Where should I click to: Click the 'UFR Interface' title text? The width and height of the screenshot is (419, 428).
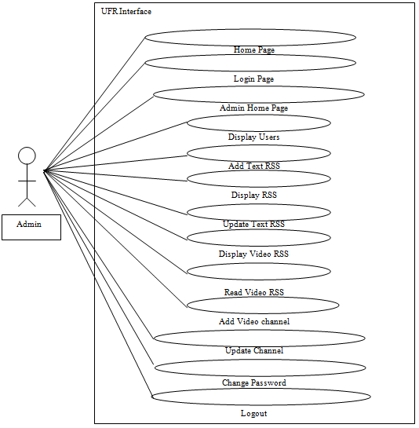click(126, 12)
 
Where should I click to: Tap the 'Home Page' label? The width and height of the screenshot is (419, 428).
click(254, 50)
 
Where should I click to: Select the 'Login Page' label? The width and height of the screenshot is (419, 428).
click(253, 79)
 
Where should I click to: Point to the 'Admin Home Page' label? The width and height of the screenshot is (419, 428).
click(253, 108)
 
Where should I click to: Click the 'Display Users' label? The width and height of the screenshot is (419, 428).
click(253, 137)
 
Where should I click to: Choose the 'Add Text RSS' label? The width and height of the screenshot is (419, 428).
click(254, 166)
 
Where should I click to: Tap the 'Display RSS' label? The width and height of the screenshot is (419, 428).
click(254, 195)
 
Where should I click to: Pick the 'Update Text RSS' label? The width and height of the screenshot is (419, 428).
click(253, 224)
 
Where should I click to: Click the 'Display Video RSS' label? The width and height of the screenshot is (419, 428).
click(253, 254)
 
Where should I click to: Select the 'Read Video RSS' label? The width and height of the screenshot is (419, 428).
click(254, 292)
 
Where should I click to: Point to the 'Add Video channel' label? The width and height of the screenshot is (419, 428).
click(254, 321)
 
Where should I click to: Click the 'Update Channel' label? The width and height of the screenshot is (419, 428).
click(254, 350)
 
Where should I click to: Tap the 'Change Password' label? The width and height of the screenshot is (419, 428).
click(254, 382)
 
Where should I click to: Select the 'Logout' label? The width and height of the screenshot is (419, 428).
click(253, 414)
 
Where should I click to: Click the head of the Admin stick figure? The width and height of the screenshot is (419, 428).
click(27, 155)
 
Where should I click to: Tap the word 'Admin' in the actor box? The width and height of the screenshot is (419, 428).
click(29, 224)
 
